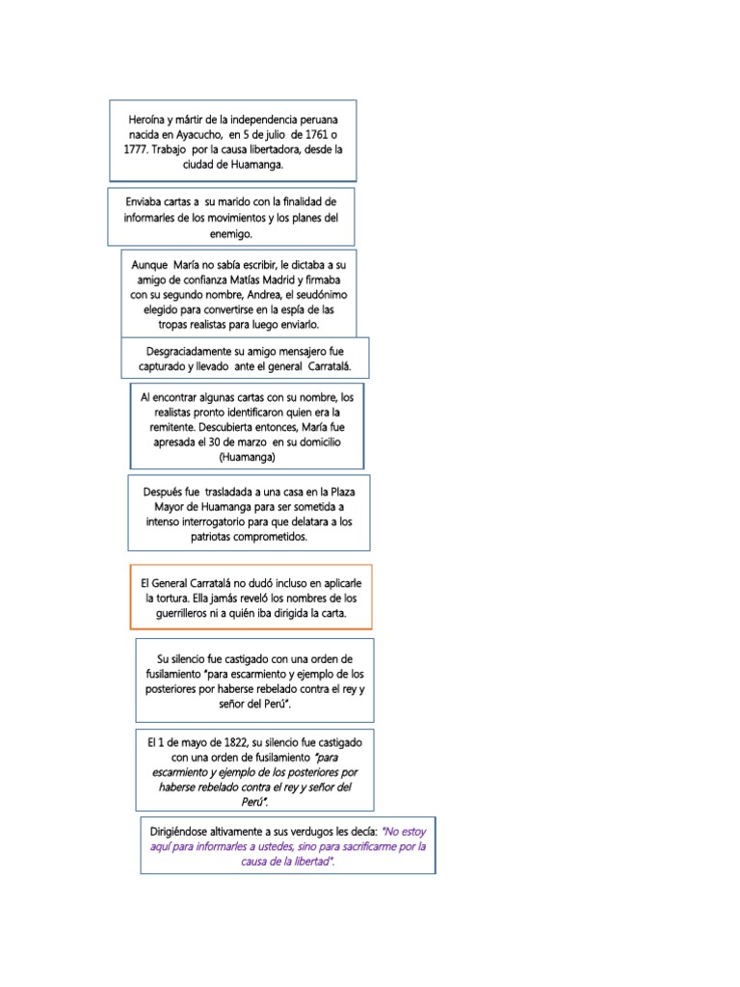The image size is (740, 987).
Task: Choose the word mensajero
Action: coord(291,352)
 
